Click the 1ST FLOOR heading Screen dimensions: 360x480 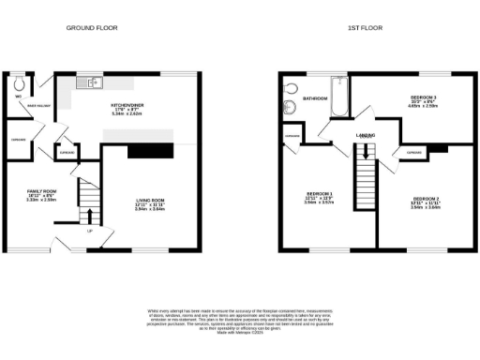click(363, 29)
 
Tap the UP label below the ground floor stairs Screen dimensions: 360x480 click(89, 231)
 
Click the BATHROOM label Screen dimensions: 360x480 click(314, 97)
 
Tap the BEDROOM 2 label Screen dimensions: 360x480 click(425, 202)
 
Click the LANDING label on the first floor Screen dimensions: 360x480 click(366, 137)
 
